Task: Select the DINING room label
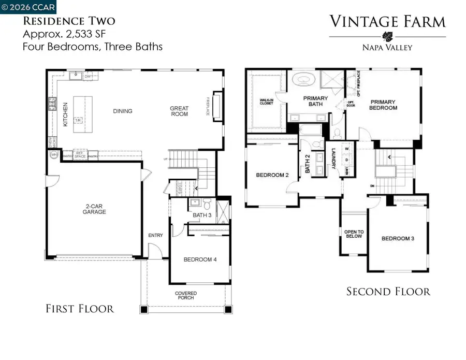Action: [x=123, y=111]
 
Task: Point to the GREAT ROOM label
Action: [x=180, y=111]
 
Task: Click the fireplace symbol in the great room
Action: [x=216, y=107]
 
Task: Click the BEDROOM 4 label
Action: [x=200, y=260]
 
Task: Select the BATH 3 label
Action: [x=202, y=215]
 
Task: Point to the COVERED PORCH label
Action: [x=185, y=296]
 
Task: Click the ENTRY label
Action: [x=155, y=235]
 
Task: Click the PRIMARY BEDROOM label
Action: [x=383, y=105]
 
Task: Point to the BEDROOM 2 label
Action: [x=272, y=175]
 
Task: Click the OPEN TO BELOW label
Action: [x=354, y=234]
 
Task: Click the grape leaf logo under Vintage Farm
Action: [x=387, y=36]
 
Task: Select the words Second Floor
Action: [x=388, y=292]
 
